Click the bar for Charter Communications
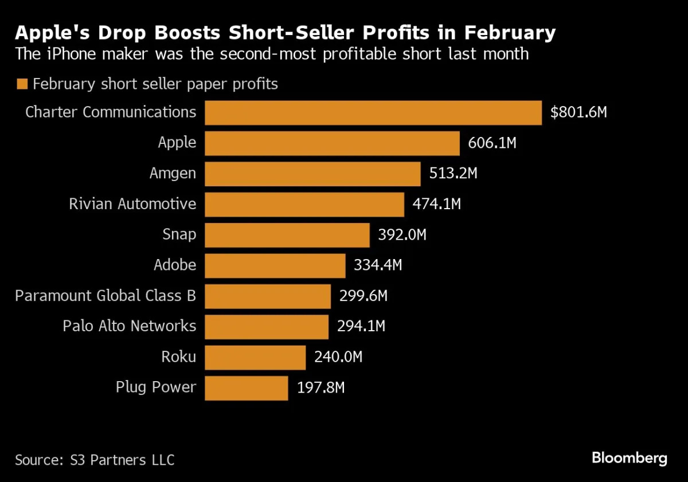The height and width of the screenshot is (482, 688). [x=373, y=113]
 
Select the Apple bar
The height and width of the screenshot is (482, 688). [x=332, y=143]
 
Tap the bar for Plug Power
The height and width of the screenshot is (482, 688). [x=246, y=388]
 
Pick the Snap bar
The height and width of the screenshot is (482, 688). [x=287, y=235]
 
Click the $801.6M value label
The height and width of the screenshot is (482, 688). [x=578, y=112]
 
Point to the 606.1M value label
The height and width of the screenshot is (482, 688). [x=492, y=143]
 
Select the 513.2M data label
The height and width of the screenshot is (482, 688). [x=453, y=173]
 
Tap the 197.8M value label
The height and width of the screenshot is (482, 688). [x=320, y=388]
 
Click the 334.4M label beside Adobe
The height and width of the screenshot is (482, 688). [x=378, y=265]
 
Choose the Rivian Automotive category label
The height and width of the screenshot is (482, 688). [x=132, y=204]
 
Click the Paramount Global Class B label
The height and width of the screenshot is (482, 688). [x=105, y=296]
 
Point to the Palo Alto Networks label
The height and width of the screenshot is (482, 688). [x=130, y=326]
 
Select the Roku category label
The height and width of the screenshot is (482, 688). [x=178, y=357]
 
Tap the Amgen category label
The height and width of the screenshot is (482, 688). [x=173, y=173]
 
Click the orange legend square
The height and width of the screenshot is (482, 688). [x=22, y=84]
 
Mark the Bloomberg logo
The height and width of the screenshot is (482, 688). [x=629, y=459]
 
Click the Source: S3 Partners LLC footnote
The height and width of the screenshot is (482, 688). [x=95, y=460]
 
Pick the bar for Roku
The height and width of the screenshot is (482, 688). [x=255, y=358]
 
